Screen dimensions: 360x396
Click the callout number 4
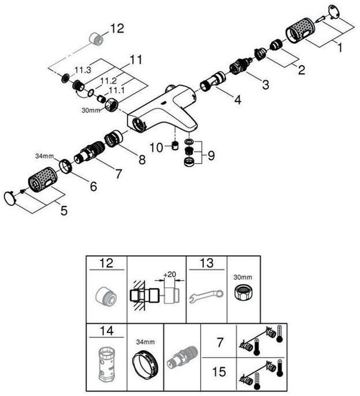pyautogui.click(x=237, y=100)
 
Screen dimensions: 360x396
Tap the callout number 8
pyautogui.click(x=142, y=160)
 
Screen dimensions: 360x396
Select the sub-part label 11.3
pyautogui.click(x=83, y=70)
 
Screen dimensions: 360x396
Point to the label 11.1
pyautogui.click(x=116, y=90)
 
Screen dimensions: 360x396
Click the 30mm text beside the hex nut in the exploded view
pyautogui.click(x=91, y=110)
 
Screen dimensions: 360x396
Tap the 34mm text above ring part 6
pyautogui.click(x=44, y=156)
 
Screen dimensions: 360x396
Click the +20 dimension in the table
pyautogui.click(x=169, y=274)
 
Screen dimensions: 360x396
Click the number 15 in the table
pyautogui.click(x=219, y=372)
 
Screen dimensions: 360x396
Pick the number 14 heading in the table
pyautogui.click(x=107, y=331)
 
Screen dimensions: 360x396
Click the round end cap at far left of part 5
pyautogui.click(x=10, y=198)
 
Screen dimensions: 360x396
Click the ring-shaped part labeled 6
pyautogui.click(x=66, y=166)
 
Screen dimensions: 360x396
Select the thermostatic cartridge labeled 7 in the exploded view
pyautogui.click(x=89, y=151)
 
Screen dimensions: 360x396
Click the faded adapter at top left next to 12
pyautogui.click(x=96, y=38)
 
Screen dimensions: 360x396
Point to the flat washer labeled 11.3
pyautogui.click(x=65, y=78)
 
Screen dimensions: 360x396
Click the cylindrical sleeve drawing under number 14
pyautogui.click(x=107, y=364)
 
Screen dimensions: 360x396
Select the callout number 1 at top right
pyautogui.click(x=340, y=48)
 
